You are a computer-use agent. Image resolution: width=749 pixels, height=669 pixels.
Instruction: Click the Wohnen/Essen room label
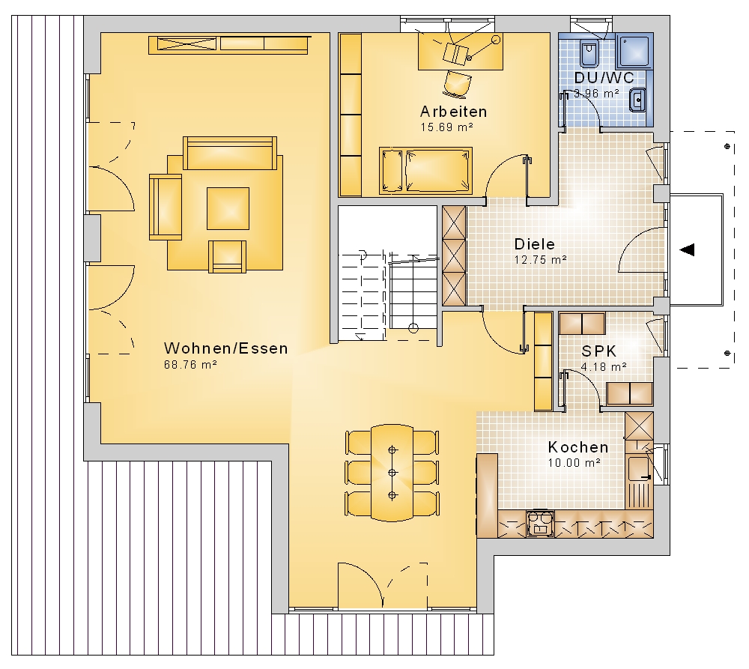[226, 348]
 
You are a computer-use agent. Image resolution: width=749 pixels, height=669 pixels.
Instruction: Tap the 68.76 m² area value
[190, 365]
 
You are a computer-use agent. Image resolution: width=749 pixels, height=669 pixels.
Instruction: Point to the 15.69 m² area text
[446, 127]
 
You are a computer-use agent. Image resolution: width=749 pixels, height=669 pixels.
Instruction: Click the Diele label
[535, 244]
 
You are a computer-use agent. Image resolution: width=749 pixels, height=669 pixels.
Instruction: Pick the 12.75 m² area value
[540, 260]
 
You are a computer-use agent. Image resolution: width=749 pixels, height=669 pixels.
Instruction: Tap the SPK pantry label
[599, 351]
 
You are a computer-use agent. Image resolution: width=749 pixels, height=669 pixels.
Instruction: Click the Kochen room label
[578, 447]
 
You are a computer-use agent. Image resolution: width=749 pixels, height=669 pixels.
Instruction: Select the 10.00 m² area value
[574, 462]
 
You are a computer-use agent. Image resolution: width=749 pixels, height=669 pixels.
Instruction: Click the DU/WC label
[604, 78]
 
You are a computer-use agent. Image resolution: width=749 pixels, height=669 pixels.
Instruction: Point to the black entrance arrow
[687, 249]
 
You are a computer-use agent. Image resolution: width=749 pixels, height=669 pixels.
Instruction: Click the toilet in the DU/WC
[588, 53]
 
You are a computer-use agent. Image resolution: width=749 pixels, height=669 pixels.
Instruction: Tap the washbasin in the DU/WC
[637, 100]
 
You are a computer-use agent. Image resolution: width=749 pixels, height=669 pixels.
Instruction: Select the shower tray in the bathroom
[634, 51]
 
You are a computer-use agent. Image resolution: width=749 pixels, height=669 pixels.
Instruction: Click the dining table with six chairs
[392, 473]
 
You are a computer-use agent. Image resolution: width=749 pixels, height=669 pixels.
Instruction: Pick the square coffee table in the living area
[228, 208]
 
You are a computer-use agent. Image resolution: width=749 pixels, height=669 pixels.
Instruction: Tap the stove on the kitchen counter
[540, 524]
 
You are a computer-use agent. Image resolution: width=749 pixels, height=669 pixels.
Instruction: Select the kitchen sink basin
[638, 468]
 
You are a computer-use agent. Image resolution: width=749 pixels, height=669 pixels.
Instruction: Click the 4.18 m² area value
[603, 367]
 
